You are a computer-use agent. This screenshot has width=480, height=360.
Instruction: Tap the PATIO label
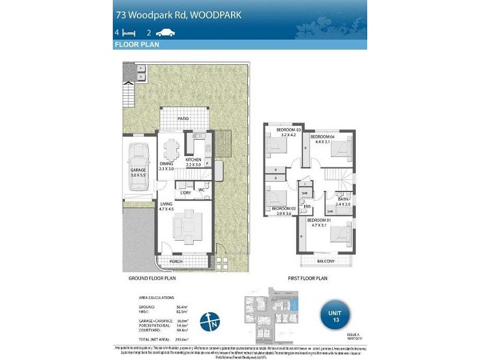tap(183, 119)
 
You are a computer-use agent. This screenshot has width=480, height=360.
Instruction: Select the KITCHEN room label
tap(194, 160)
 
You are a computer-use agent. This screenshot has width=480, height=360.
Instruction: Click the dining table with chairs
tap(172, 149)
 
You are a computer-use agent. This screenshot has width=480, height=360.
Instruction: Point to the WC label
tap(202, 191)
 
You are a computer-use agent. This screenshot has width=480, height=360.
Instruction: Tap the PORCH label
tap(176, 262)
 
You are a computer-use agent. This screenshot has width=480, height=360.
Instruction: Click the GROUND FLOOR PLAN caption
tap(152, 279)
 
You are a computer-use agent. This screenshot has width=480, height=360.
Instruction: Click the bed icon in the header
tap(125, 32)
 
